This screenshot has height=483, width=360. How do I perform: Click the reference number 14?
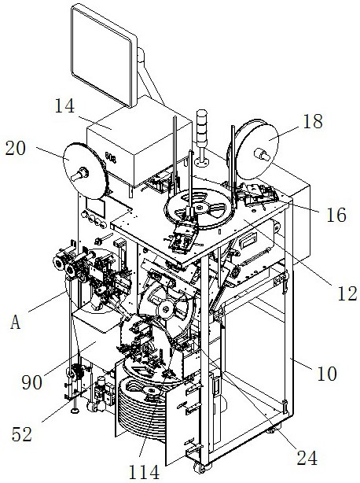tap(65, 106)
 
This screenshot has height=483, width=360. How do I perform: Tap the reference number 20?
tap(16, 149)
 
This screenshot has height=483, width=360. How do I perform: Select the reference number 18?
tap(313, 121)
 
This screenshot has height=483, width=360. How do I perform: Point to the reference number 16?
tap(336, 215)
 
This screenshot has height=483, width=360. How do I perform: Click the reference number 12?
tap(347, 293)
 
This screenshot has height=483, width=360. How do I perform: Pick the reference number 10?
tap(327, 374)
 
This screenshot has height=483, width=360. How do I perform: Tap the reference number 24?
tap(307, 458)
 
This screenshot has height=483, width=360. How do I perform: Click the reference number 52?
tap(22, 435)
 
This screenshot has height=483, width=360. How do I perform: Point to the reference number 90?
tap(32, 383)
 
